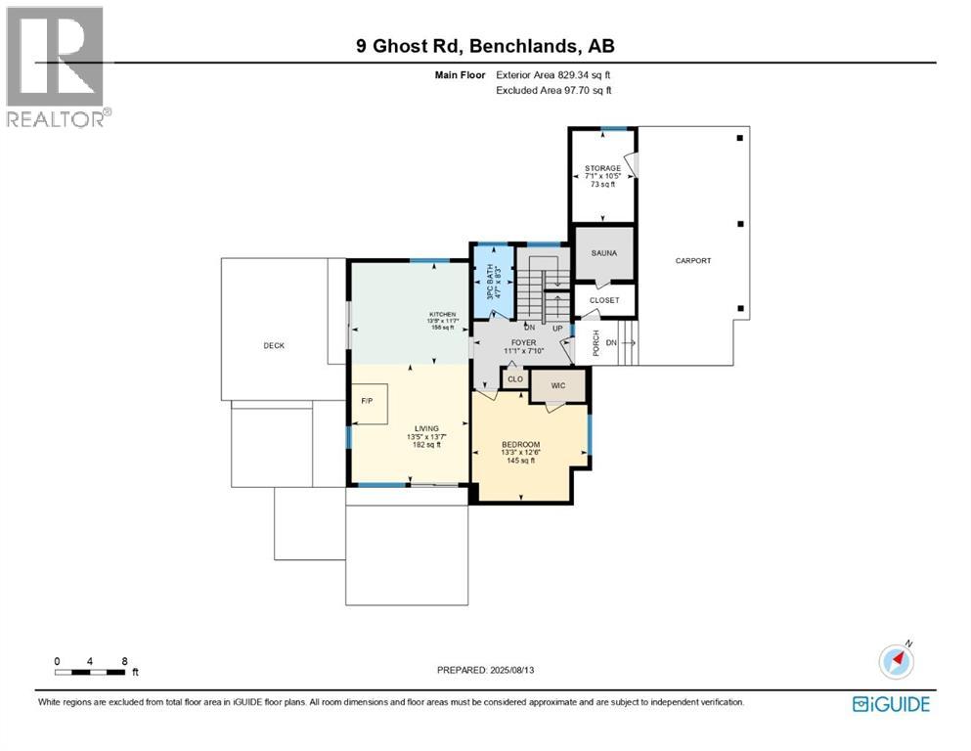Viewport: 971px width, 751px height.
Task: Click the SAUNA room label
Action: (603, 252)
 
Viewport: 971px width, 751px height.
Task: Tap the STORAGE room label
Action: (603, 168)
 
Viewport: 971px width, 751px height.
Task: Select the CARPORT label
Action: (692, 261)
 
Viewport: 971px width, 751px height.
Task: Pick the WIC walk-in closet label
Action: (558, 385)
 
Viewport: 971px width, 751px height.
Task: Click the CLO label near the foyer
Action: (514, 377)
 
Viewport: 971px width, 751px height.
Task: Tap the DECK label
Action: (274, 345)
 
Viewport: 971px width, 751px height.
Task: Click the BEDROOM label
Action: (519, 445)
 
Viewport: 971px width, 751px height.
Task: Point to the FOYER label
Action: (522, 343)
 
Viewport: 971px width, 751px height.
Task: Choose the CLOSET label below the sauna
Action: (604, 300)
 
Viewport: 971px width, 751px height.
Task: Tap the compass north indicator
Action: (897, 660)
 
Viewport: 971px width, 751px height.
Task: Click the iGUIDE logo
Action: (891, 704)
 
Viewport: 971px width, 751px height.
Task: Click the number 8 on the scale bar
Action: (124, 660)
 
